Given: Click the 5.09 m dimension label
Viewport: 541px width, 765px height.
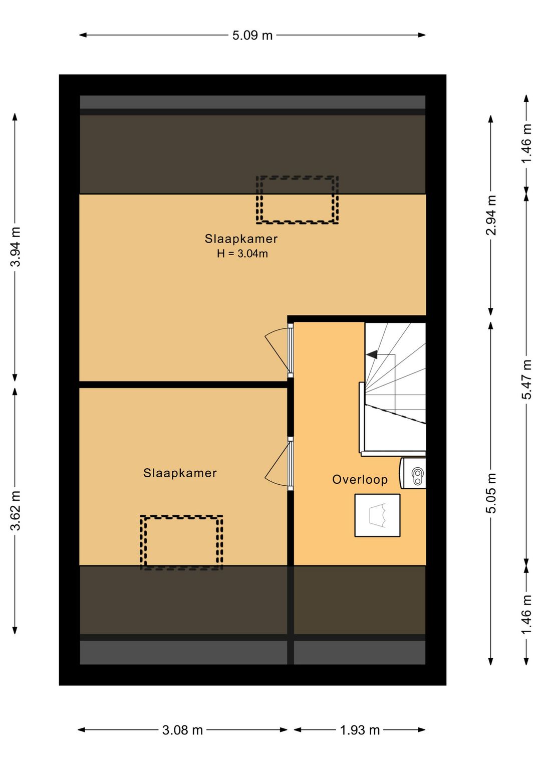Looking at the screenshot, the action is [x=252, y=36].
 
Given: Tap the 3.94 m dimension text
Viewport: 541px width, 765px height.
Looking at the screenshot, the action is [x=16, y=247].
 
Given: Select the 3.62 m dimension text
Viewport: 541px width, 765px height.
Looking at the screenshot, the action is [x=16, y=510].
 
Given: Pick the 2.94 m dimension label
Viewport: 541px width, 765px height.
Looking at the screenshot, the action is [x=491, y=216].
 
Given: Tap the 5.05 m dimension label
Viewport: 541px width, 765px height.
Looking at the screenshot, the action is [x=491, y=493].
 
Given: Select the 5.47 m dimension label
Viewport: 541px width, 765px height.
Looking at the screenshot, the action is [x=526, y=379].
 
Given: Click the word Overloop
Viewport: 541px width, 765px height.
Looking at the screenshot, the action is [x=360, y=479].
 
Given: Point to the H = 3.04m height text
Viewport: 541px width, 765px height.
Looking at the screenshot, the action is [x=242, y=254].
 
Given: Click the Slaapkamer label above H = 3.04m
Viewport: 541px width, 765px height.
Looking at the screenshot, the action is [x=241, y=239].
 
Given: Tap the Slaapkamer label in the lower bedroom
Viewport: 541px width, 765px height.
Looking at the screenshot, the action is [x=180, y=473].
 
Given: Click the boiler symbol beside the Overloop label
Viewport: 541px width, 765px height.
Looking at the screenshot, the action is [x=413, y=473].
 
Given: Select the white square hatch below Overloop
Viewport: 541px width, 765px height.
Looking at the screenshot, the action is [x=377, y=515].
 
